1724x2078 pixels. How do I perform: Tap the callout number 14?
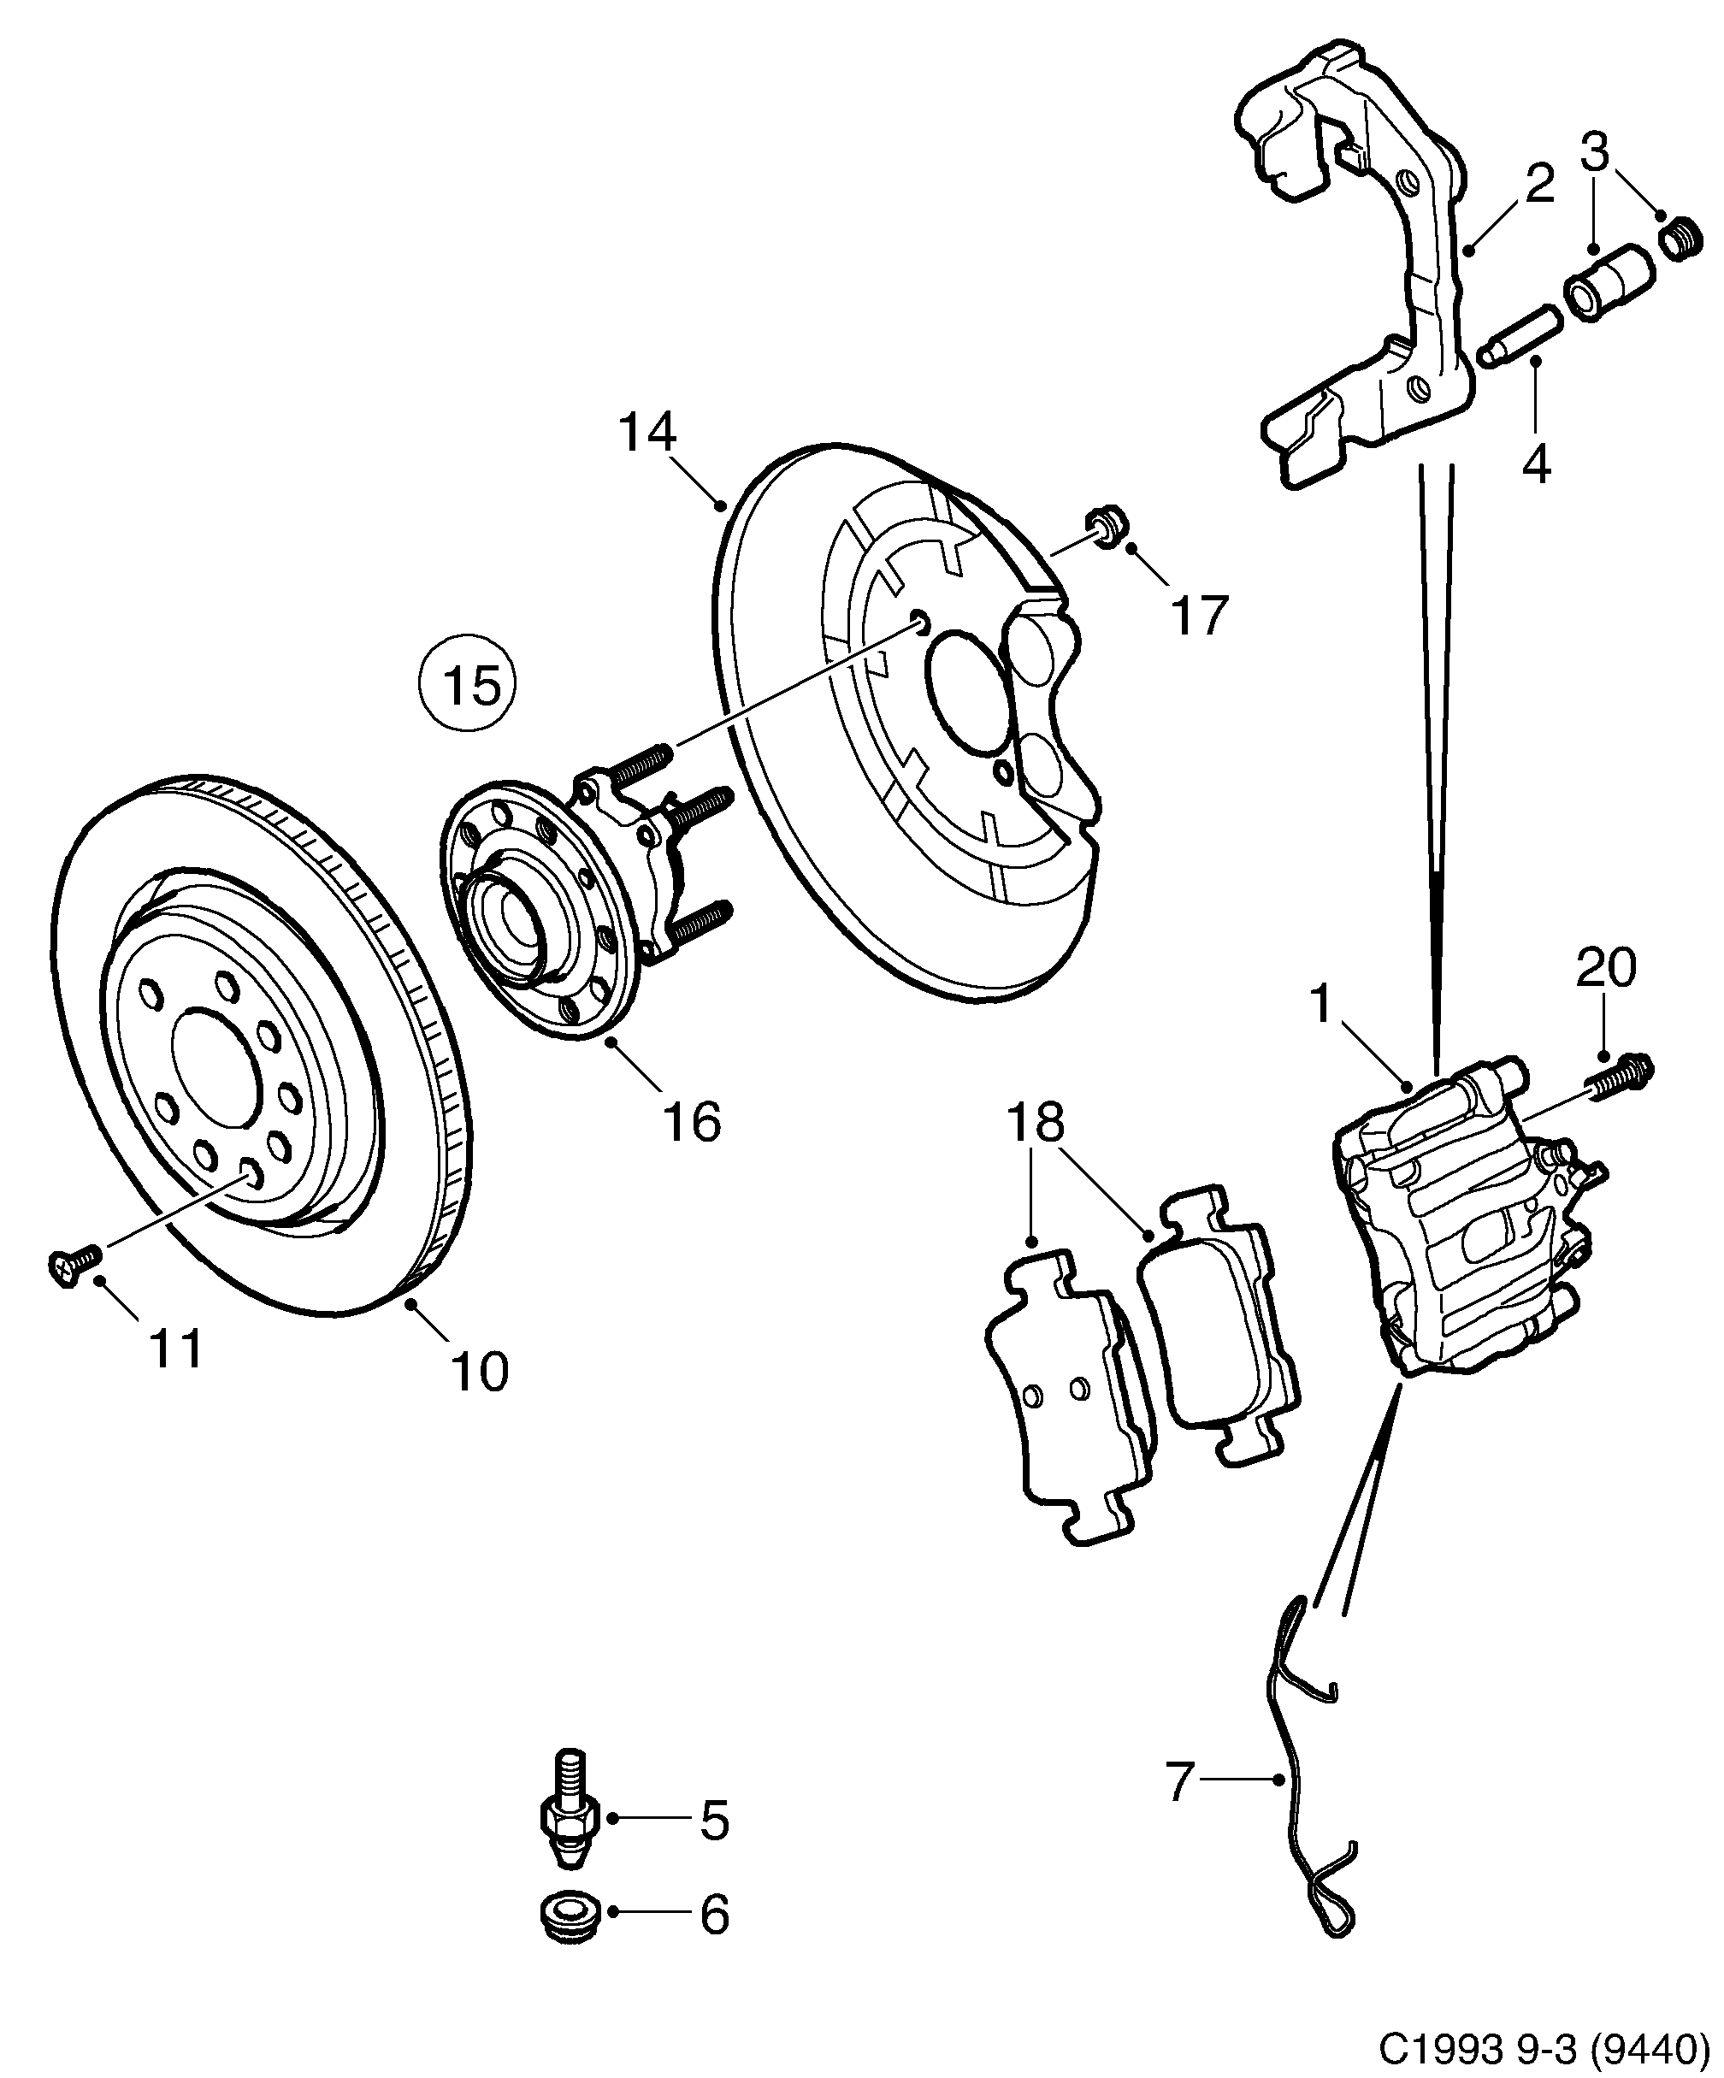[647, 434]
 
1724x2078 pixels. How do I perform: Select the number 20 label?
[1605, 968]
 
